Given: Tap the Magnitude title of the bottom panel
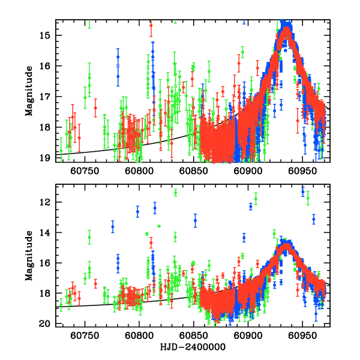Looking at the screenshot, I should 29,256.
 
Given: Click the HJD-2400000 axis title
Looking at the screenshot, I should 193,347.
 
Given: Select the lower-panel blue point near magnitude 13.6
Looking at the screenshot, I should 112,227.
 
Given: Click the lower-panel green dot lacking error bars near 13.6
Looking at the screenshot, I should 159,226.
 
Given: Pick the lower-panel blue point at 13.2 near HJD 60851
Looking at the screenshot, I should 195,221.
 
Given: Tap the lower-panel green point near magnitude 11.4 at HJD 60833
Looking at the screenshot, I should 175,193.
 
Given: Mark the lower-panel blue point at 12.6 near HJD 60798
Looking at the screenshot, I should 137,211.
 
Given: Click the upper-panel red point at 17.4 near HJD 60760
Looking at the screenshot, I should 95,107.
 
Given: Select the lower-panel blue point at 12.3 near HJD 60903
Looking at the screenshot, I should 251,206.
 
